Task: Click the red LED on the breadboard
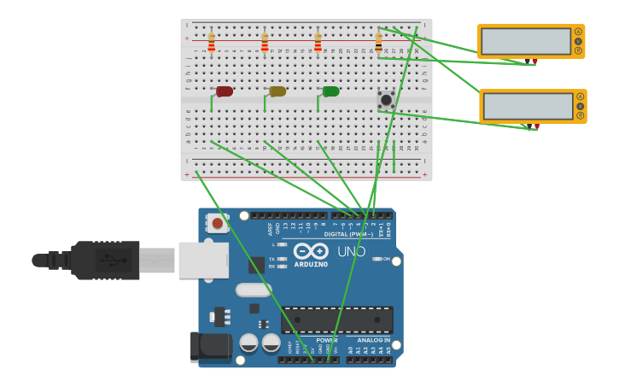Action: pyautogui.click(x=225, y=91)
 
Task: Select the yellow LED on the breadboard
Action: pyautogui.click(x=277, y=91)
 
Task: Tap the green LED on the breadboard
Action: pyautogui.click(x=330, y=91)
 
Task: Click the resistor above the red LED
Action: pyautogui.click(x=212, y=43)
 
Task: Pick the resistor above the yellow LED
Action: pyautogui.click(x=265, y=43)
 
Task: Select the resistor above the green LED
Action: pyautogui.click(x=318, y=43)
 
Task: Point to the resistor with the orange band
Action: pyautogui.click(x=378, y=43)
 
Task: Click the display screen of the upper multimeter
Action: pyautogui.click(x=525, y=41)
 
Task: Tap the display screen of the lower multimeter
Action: pyautogui.click(x=528, y=106)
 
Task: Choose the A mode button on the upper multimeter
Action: pyautogui.click(x=578, y=32)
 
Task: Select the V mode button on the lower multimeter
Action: pyautogui.click(x=581, y=106)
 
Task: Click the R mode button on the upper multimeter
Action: pyautogui.click(x=578, y=50)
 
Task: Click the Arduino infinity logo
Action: pyautogui.click(x=311, y=251)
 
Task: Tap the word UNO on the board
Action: pyautogui.click(x=353, y=252)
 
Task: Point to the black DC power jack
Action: pyautogui.click(x=210, y=347)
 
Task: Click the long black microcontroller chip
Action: pyautogui.click(x=337, y=320)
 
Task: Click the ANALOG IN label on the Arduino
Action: pyautogui.click(x=368, y=340)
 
